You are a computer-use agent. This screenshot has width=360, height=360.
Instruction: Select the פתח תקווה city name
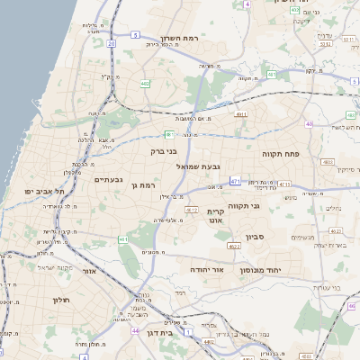point(280,153)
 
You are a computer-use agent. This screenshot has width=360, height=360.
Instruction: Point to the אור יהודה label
point(207,269)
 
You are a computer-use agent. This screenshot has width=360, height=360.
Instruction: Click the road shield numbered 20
point(112,41)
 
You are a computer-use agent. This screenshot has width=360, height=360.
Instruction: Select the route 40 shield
point(309,125)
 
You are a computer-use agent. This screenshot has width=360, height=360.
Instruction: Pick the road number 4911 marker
point(241,115)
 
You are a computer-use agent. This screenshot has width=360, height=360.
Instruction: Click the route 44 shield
point(134,331)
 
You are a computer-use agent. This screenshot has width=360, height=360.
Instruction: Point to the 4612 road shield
point(191,209)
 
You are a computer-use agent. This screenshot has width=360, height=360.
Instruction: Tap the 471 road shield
point(235,181)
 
